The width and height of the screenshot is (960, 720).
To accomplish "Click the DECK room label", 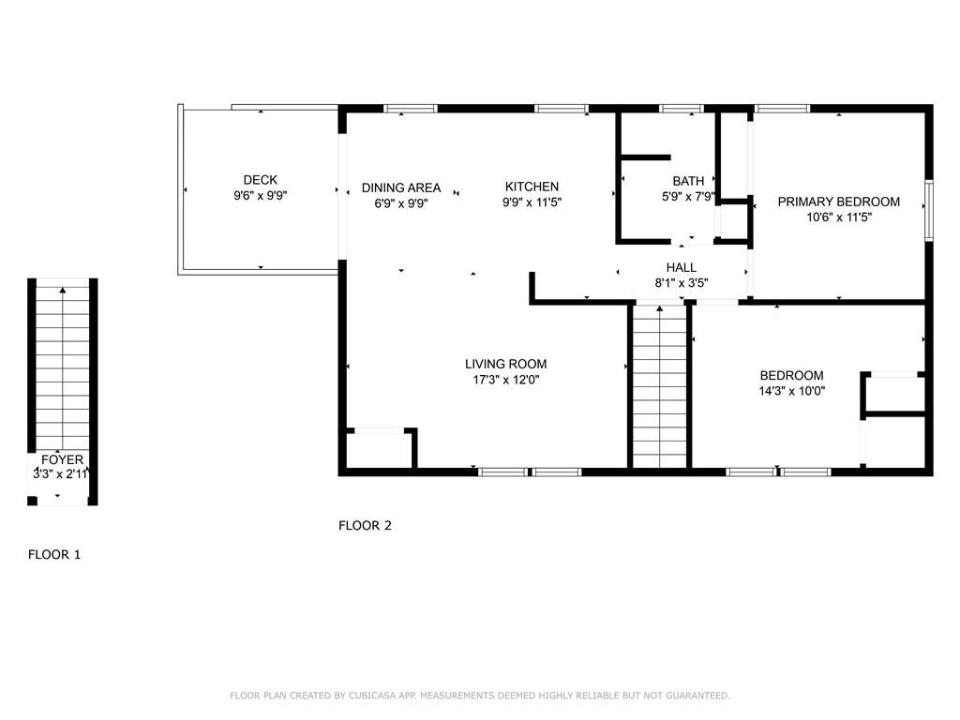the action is [x=261, y=180].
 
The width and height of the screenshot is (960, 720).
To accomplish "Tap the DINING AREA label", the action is [x=401, y=187].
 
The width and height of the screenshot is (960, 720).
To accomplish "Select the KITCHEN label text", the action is [x=532, y=187].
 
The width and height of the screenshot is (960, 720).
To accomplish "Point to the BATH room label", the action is [x=688, y=181].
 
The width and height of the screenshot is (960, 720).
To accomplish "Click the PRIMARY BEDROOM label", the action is [x=839, y=202].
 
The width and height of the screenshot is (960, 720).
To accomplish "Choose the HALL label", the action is [x=682, y=267].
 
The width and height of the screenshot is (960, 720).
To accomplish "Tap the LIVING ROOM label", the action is [x=505, y=365].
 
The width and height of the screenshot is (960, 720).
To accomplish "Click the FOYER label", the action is [x=62, y=459].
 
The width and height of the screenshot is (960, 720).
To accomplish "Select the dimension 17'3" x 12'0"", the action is [x=505, y=380].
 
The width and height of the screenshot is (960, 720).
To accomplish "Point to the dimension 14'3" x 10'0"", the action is [x=791, y=391].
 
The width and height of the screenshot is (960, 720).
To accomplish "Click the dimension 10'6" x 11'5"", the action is [x=839, y=217].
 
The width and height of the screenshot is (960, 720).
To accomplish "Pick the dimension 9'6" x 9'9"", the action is [x=261, y=196].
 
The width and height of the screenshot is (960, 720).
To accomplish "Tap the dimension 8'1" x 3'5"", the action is [x=682, y=283].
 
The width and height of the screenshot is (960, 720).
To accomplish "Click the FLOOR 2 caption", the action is [x=365, y=525].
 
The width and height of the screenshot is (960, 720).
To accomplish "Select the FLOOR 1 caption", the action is [x=54, y=555].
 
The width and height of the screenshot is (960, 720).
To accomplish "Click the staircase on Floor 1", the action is [x=63, y=368].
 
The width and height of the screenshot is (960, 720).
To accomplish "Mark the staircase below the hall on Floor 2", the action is [x=659, y=386].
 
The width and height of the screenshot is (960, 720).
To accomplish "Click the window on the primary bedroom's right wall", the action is [x=929, y=210].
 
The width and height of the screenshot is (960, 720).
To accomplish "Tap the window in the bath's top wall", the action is [x=681, y=109].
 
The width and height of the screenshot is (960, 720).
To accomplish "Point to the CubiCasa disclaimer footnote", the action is [x=480, y=696].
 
